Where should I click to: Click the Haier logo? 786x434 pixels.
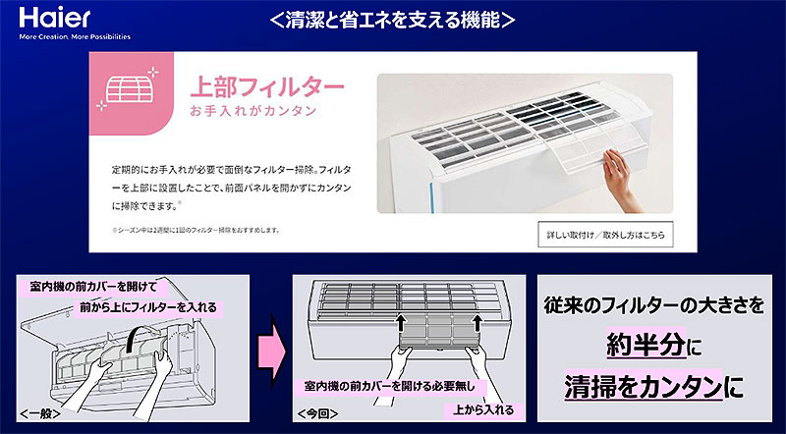coord(55,18)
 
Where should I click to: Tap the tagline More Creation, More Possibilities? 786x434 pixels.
coord(75,36)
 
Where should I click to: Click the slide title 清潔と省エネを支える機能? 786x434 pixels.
coord(392,20)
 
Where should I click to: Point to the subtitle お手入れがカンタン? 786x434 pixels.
coord(253,111)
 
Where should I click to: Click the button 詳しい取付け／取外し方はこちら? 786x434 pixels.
coord(605,234)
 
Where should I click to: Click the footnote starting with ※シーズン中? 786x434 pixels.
coord(196,231)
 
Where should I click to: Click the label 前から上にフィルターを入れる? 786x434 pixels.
coord(148,306)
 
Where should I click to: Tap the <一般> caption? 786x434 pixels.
coord(40,414)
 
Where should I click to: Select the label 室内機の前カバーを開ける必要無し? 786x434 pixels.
coord(389,387)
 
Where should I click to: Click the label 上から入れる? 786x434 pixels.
coord(483,410)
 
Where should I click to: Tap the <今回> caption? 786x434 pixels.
coord(317,414)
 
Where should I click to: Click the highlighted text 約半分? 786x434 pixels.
coord(645,346)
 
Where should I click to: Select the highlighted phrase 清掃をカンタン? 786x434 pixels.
coord(644,385)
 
